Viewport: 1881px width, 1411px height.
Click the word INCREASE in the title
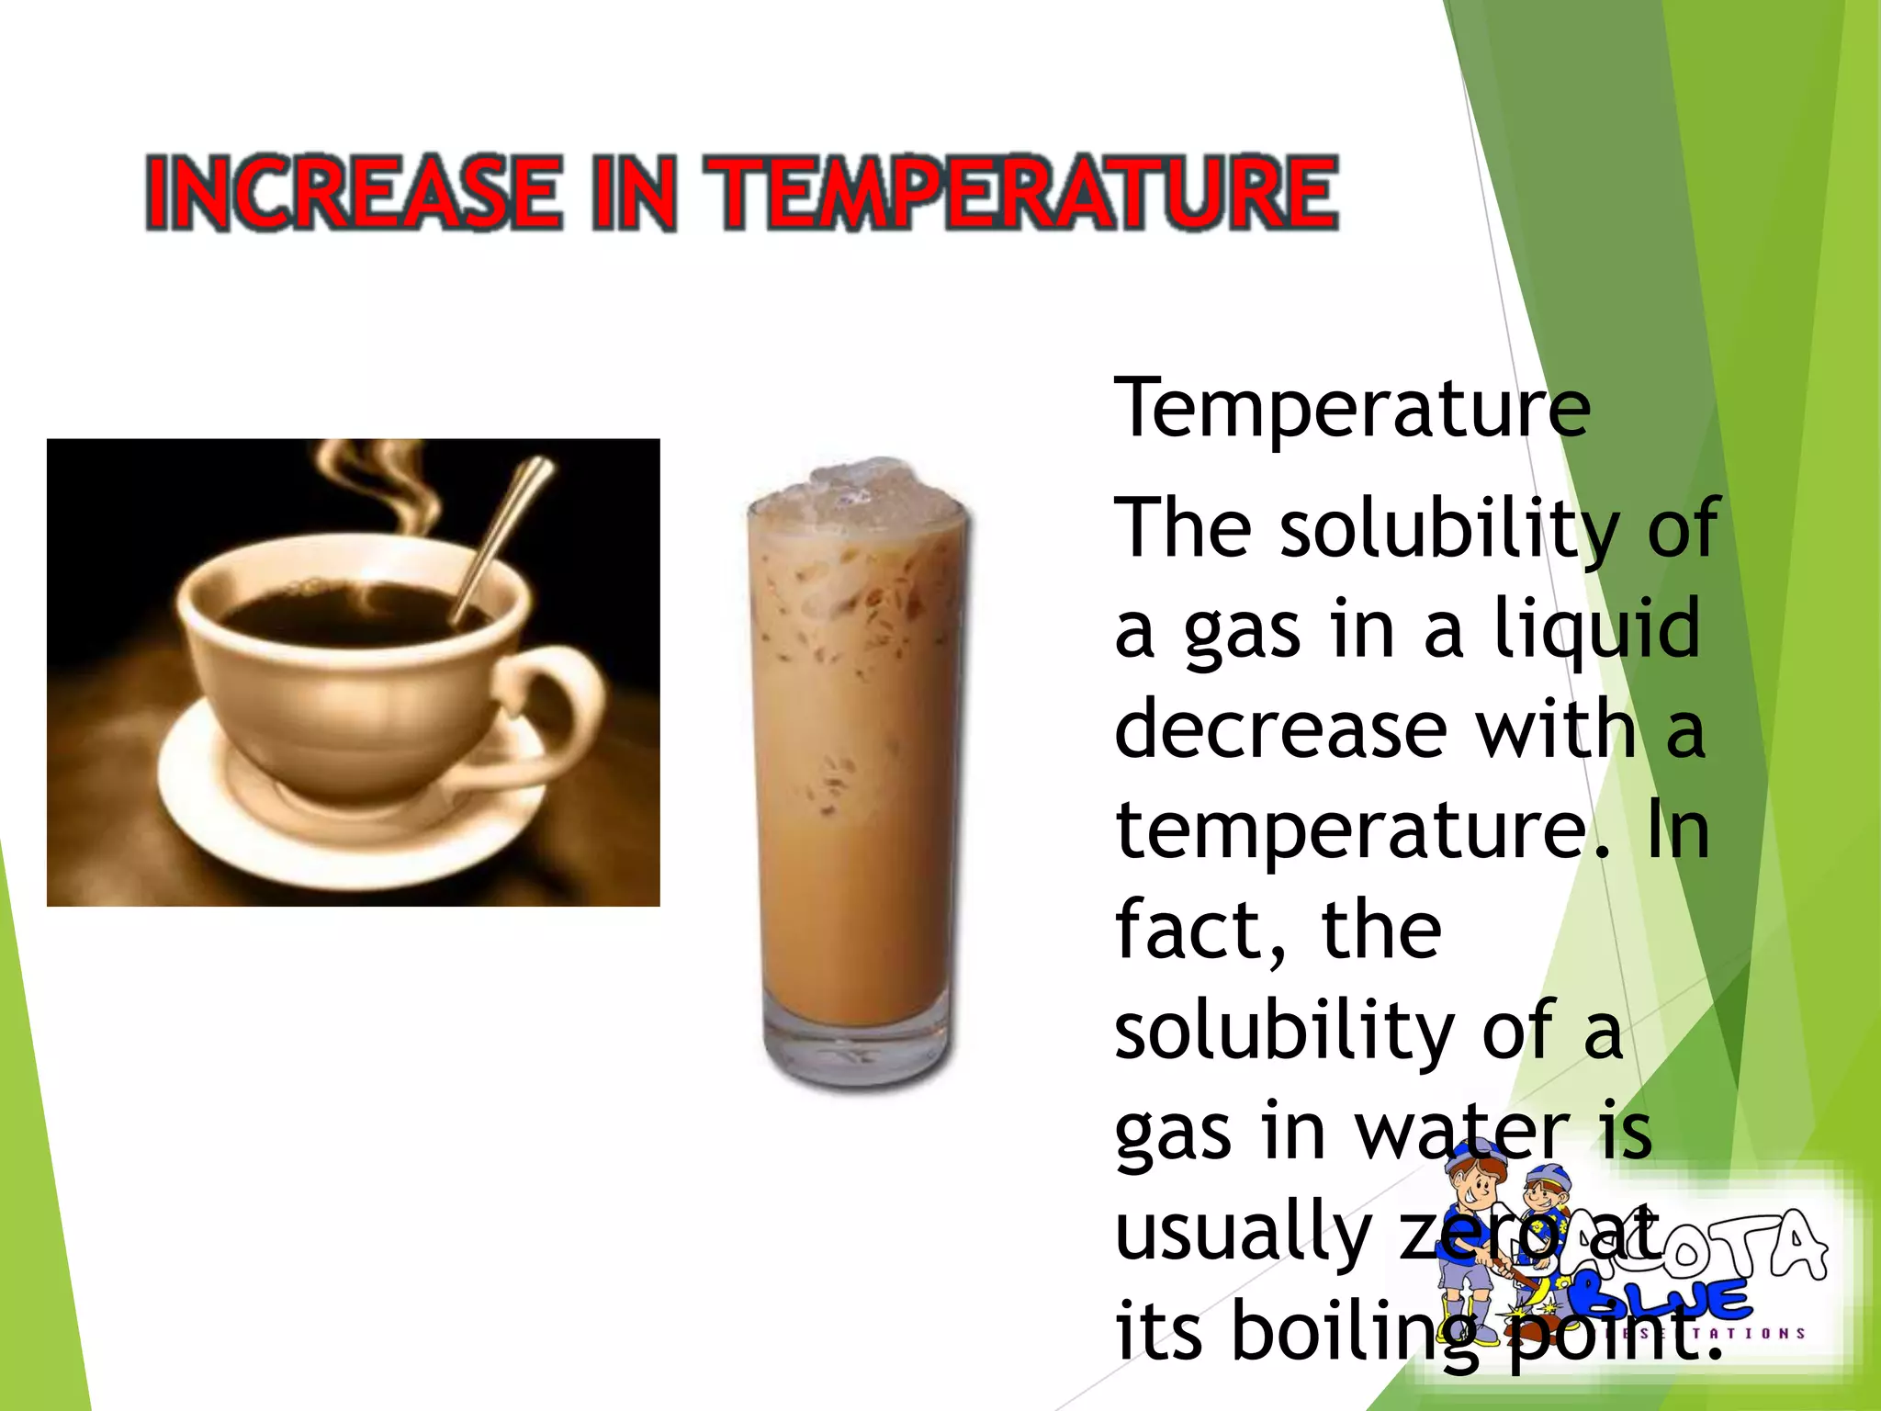(353, 192)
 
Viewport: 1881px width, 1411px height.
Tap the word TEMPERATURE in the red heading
(1025, 192)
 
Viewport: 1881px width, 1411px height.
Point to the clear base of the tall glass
(856, 1047)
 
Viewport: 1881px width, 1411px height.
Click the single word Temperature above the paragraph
(1352, 409)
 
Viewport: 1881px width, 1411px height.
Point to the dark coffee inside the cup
(340, 611)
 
